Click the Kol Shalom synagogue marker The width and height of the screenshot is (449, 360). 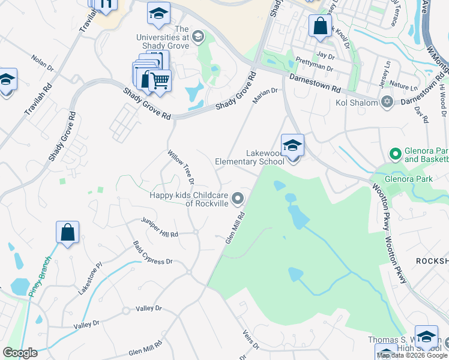point(387,102)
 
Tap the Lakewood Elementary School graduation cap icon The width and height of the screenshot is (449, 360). point(292,146)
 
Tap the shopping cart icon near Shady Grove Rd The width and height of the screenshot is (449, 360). point(159,80)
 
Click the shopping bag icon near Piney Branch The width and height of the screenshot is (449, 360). point(68,233)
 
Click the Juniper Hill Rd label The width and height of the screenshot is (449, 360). point(160,227)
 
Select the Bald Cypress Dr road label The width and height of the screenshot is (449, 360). point(152,254)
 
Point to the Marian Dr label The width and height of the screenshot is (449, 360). point(265,95)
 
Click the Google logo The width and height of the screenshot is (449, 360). point(20,353)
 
